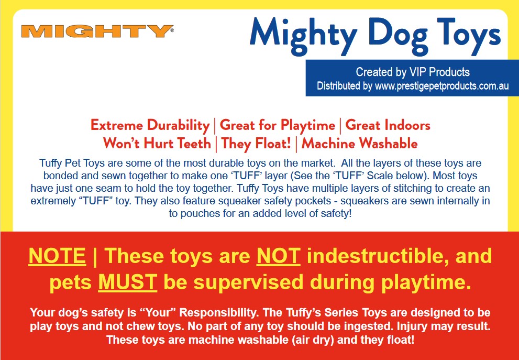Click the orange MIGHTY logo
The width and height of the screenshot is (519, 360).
97,31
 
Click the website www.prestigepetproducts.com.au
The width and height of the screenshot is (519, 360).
441,86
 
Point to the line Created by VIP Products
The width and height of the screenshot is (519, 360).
412,72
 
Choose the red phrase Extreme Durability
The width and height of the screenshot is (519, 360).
150,126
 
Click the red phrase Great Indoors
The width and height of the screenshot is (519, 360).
388,126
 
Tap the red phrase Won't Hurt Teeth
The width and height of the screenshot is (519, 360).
157,144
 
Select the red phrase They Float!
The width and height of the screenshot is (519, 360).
256,144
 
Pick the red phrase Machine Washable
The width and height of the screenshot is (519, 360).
359,144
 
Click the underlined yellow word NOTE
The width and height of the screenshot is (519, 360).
57,256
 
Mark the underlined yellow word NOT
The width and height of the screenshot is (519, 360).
279,256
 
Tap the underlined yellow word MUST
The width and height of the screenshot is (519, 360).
128,282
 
